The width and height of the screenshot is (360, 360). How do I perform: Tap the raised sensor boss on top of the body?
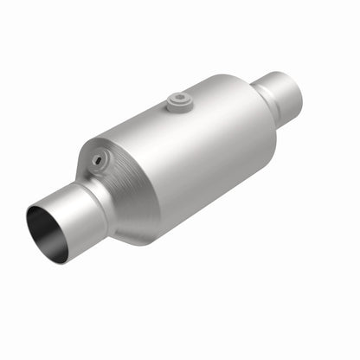click(x=180, y=101)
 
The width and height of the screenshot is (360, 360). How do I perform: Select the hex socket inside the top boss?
click(x=179, y=98)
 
